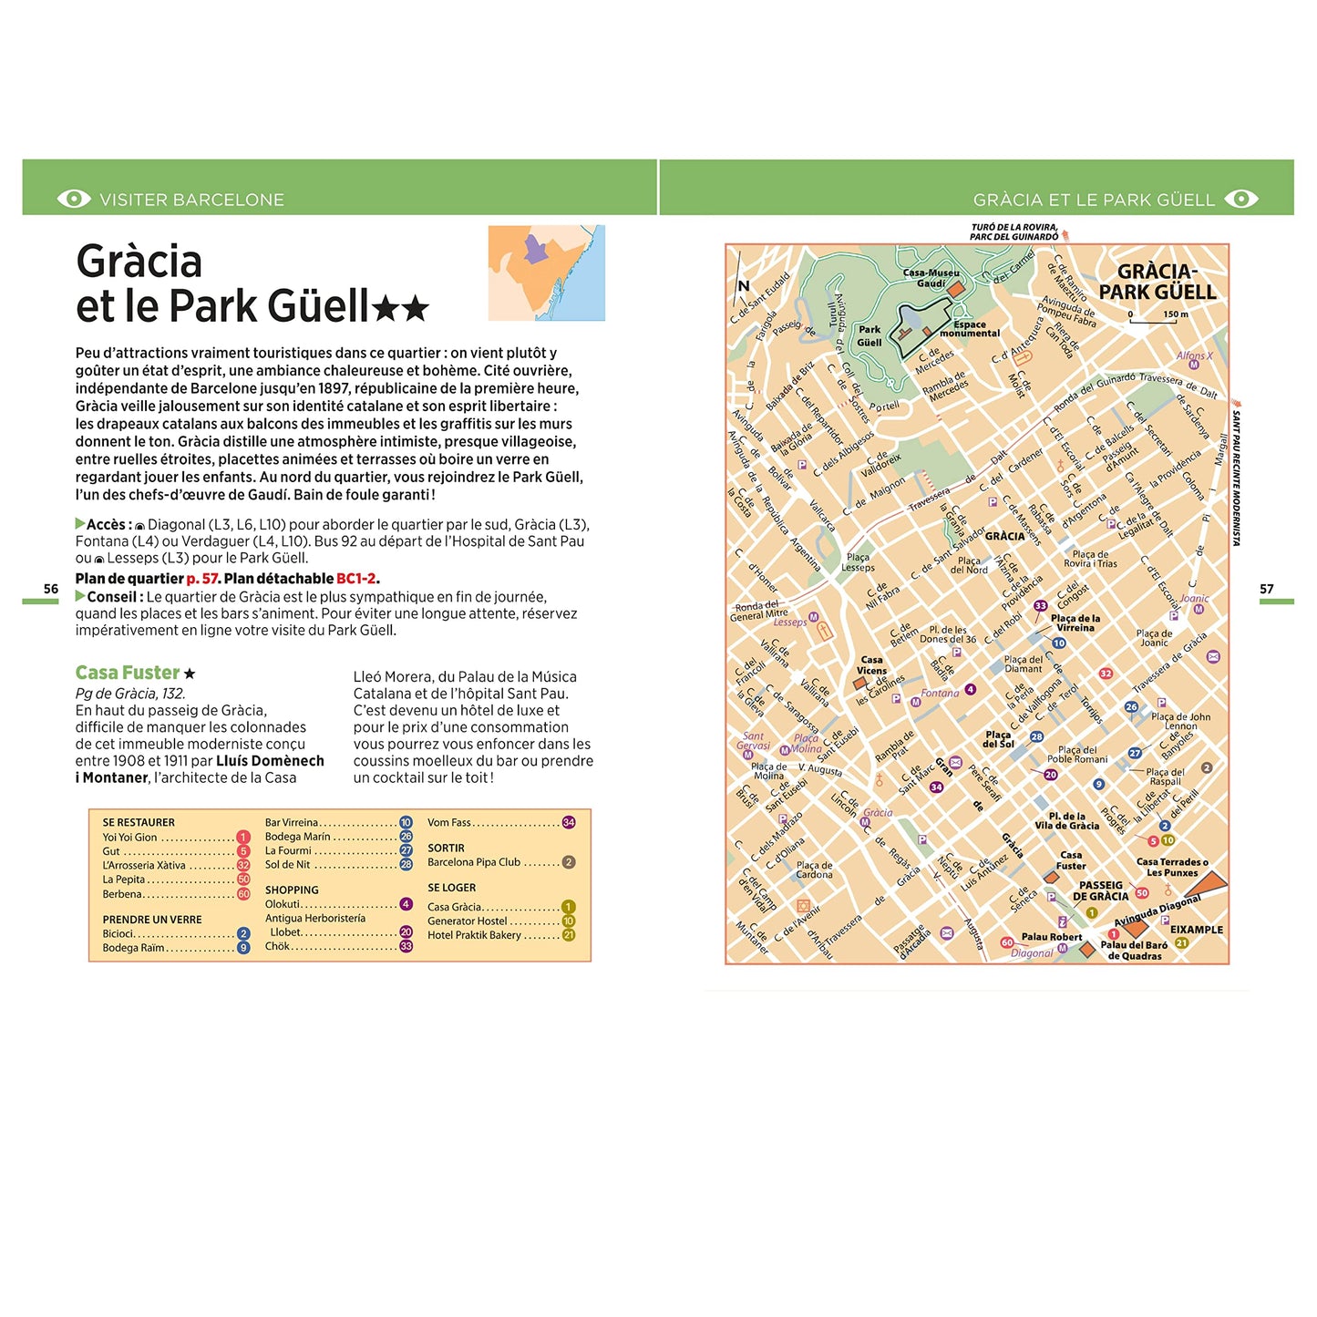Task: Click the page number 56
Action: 51,589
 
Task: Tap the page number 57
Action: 1266,589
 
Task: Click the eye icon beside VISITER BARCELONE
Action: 74,199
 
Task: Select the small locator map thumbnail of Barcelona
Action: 546,273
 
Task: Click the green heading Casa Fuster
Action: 128,673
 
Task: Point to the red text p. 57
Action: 202,579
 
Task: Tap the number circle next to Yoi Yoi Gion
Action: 243,837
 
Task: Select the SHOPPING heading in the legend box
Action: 292,890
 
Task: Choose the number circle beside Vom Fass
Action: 569,822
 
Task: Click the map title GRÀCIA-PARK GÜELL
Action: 1157,282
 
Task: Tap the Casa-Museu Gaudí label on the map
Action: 931,278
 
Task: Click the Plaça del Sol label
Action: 998,739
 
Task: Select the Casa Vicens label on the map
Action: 871,665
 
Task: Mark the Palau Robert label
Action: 1051,937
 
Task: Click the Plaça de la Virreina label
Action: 1075,622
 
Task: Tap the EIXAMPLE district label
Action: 1196,930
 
